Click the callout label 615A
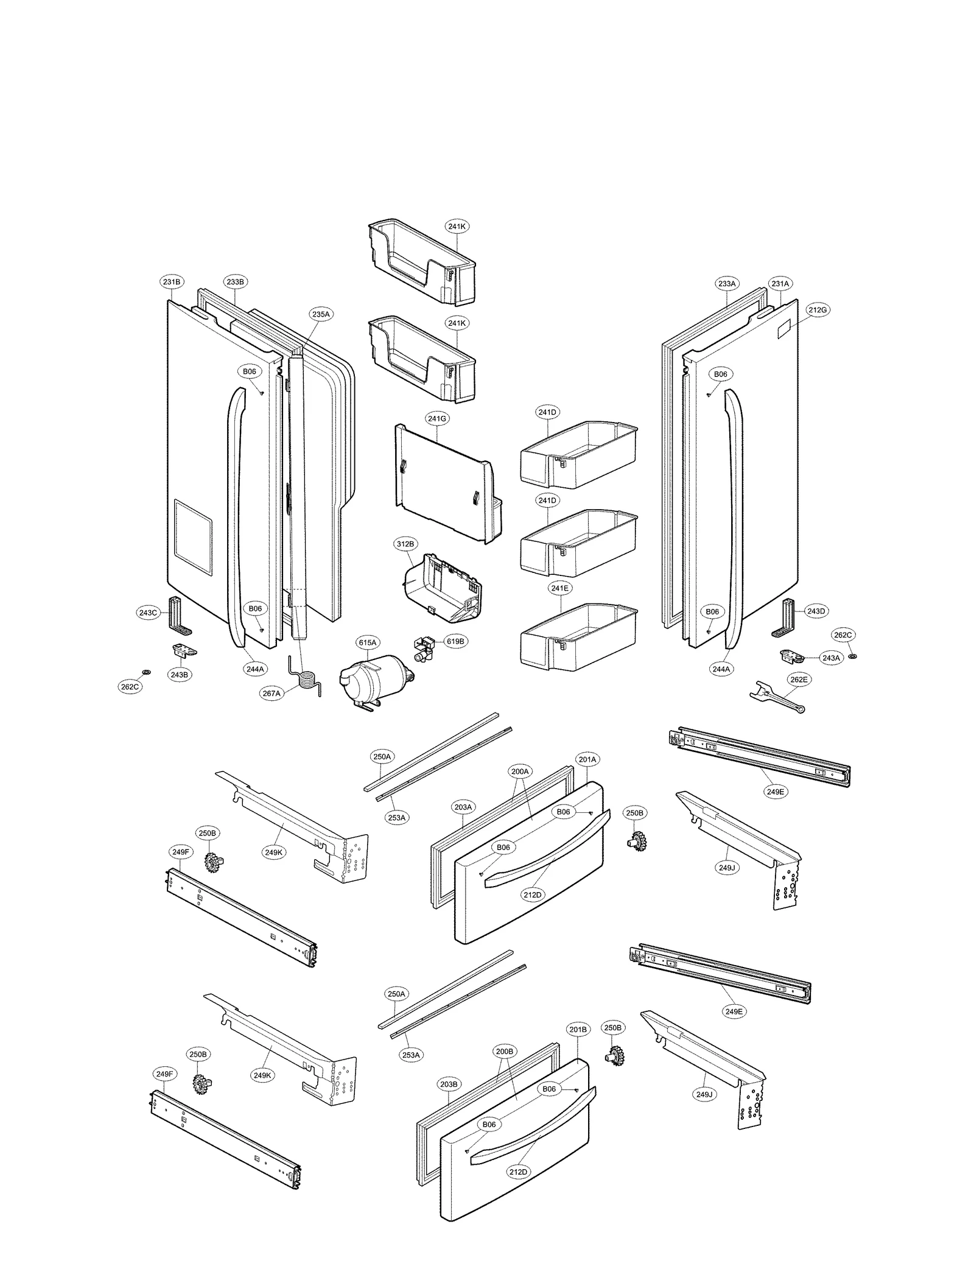368,642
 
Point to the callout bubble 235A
321,314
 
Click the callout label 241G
437,418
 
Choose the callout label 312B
405,544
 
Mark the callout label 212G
818,310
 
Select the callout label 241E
559,588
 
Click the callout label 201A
587,759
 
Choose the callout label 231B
172,282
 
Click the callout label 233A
727,283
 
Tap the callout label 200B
504,1051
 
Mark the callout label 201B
577,1030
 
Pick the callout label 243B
179,675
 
